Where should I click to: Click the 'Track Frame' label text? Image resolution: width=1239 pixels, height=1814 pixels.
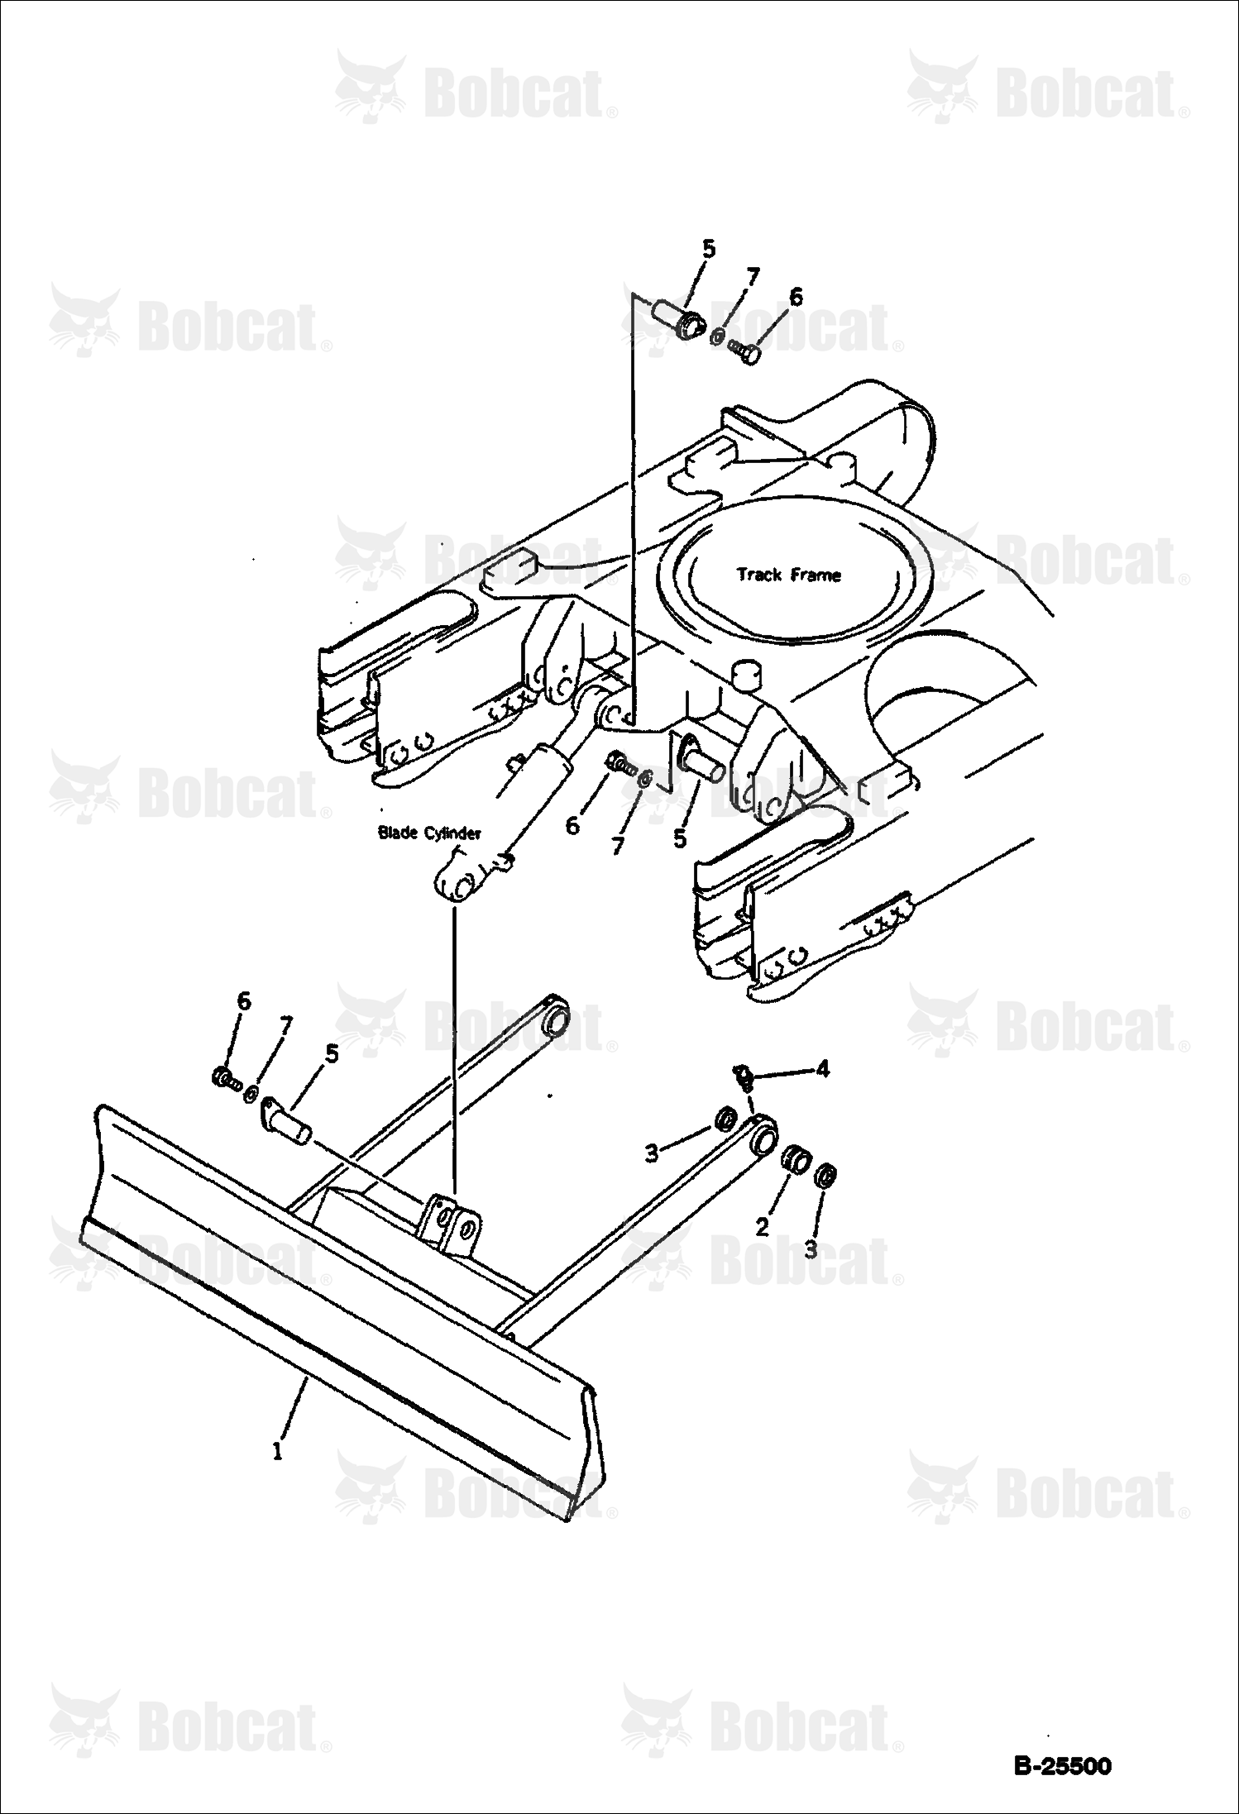(x=788, y=575)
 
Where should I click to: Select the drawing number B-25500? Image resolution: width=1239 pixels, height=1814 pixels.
(x=1062, y=1766)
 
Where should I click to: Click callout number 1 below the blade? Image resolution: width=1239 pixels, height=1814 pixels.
(x=278, y=1451)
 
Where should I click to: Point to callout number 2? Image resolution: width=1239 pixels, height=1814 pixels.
(x=762, y=1227)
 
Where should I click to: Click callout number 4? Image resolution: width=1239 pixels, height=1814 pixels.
(x=821, y=1069)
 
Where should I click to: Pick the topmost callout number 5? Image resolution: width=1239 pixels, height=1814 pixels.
(x=709, y=249)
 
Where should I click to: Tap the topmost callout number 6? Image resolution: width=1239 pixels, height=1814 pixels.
(x=795, y=298)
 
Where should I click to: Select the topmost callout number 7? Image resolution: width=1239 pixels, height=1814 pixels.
(x=752, y=277)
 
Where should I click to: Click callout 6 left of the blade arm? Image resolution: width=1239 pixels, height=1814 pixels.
(x=243, y=1001)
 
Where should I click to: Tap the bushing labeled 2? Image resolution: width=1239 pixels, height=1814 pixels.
(x=796, y=1158)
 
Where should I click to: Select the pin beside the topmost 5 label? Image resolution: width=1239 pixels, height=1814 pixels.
(x=677, y=319)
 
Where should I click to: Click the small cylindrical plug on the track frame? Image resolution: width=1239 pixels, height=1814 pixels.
(x=748, y=675)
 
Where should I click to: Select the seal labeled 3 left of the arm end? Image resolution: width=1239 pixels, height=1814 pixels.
(x=726, y=1120)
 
